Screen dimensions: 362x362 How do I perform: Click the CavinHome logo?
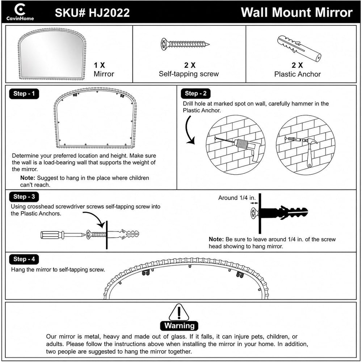click(x=20, y=12)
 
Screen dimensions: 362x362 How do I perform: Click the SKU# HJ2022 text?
click(x=92, y=12)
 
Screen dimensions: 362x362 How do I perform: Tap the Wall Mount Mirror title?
click(x=297, y=12)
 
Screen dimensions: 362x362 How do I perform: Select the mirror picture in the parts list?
click(x=52, y=54)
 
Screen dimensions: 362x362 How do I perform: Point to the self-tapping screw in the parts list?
click(x=185, y=44)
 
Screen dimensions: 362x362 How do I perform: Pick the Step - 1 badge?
click(x=24, y=93)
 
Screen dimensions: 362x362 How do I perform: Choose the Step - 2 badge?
click(x=195, y=93)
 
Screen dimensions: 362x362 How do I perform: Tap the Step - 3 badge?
click(x=24, y=197)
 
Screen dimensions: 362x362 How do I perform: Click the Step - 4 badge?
click(x=24, y=259)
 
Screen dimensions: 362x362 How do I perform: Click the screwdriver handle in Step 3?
click(x=52, y=235)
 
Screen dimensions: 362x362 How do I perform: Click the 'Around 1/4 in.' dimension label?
click(x=237, y=198)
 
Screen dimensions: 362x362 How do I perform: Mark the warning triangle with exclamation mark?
click(x=179, y=312)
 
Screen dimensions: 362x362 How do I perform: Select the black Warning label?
click(x=179, y=326)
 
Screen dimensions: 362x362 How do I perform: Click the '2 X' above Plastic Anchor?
click(x=297, y=65)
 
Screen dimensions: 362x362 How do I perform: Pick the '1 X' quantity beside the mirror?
click(x=99, y=65)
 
